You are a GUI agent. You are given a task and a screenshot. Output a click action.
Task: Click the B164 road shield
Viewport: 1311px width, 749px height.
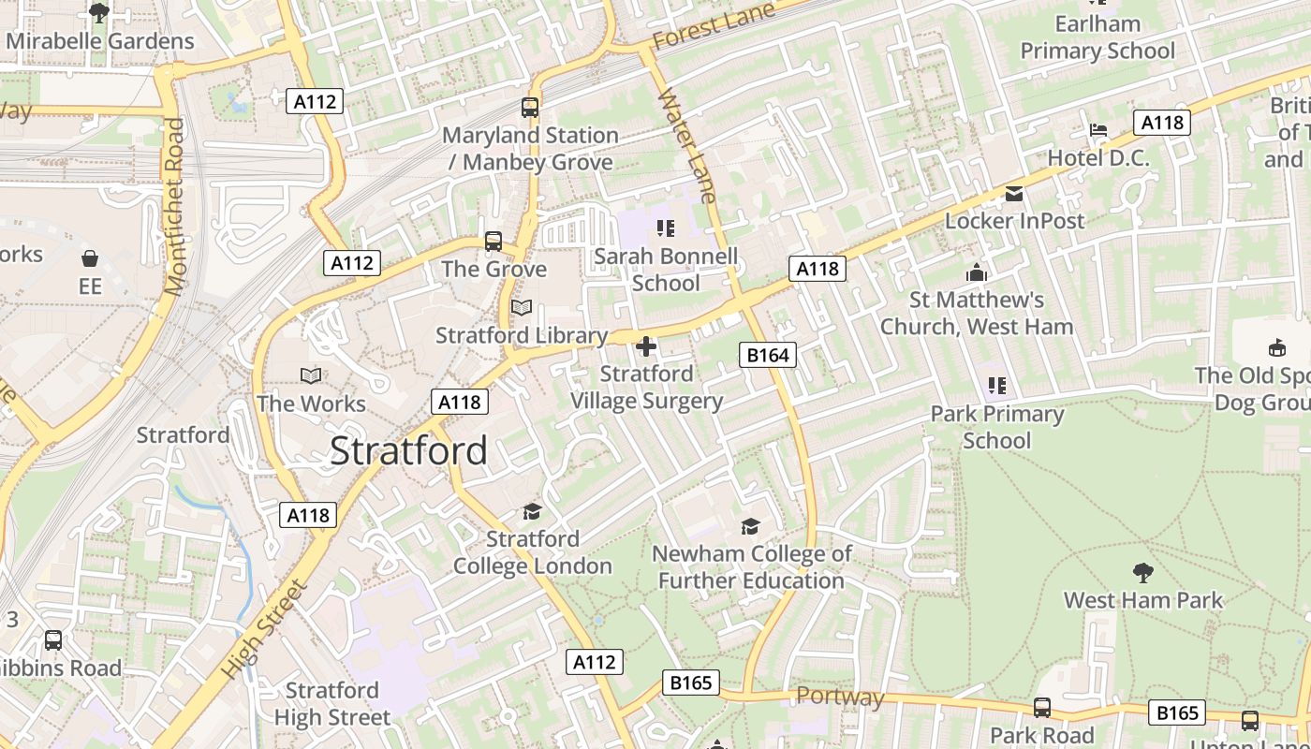768,355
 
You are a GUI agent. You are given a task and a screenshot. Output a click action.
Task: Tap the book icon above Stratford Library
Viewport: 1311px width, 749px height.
522,308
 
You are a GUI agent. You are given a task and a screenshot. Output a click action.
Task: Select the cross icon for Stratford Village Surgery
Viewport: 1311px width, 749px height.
646,347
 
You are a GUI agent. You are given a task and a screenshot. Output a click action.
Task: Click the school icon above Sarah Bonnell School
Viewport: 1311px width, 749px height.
666,228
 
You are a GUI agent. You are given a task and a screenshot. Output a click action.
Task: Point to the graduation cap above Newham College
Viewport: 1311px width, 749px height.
750,526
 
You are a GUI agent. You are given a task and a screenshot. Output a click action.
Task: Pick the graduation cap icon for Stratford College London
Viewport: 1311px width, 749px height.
532,511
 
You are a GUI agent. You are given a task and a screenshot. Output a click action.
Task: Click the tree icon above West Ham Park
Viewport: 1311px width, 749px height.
1142,572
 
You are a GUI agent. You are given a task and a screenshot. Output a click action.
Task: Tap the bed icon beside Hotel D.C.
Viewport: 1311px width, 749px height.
1098,130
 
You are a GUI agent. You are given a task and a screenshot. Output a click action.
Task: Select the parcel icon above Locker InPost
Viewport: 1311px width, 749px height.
1013,194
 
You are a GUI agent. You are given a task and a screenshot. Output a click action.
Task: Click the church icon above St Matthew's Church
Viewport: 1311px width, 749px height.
977,272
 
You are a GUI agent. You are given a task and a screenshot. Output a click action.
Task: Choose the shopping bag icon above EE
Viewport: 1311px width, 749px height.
90,258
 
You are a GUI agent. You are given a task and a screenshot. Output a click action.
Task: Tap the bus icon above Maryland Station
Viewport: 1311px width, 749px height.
530,108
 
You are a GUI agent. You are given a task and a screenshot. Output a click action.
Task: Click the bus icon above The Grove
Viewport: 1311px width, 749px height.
493,242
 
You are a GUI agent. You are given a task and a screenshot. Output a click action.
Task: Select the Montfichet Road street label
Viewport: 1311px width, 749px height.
175,206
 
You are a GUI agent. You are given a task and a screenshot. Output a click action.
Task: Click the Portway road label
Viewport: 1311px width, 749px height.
840,697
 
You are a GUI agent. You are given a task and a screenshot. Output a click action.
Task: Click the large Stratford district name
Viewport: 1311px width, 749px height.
408,451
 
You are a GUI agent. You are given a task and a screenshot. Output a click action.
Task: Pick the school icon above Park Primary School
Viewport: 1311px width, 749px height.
997,386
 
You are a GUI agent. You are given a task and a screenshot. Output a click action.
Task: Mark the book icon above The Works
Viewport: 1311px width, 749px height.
311,375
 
